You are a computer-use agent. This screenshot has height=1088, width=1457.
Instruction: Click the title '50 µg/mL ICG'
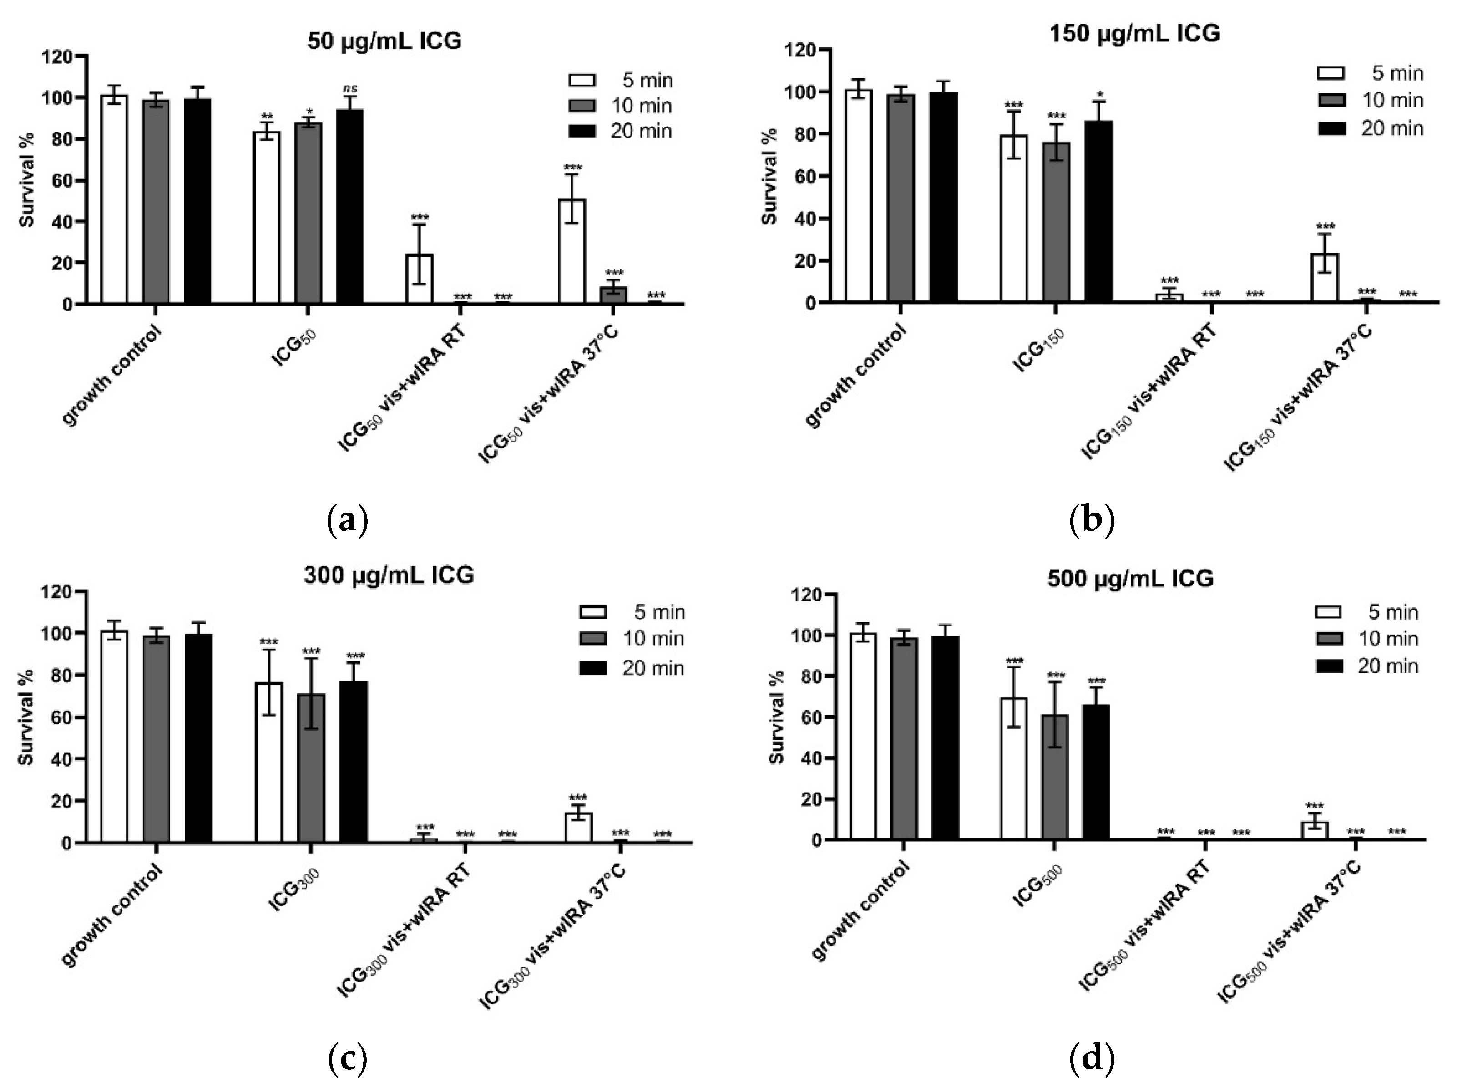click(384, 41)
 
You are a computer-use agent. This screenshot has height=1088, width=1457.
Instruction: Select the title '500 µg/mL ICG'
click(1130, 578)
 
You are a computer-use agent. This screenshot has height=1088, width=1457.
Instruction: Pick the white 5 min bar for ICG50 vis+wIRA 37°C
click(572, 252)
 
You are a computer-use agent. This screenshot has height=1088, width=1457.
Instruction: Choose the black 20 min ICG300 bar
click(353, 762)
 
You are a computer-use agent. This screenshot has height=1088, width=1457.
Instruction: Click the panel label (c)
click(347, 1058)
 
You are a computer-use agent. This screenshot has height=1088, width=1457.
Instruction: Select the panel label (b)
click(1091, 519)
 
